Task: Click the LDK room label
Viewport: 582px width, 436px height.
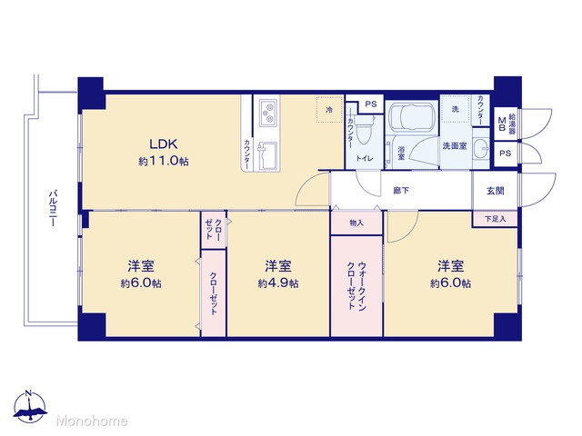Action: (164, 144)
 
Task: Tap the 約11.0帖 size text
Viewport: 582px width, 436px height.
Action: (164, 162)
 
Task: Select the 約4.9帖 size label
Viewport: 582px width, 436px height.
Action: (278, 283)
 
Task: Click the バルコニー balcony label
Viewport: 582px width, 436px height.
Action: (53, 208)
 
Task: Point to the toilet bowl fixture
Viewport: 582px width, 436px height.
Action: (364, 130)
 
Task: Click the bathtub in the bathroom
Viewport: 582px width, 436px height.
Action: (412, 116)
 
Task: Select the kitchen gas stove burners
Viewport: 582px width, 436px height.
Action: (268, 113)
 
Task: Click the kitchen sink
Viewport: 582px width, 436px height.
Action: (267, 155)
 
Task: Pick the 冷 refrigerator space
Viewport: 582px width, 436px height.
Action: (329, 110)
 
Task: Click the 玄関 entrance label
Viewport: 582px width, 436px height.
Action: (495, 191)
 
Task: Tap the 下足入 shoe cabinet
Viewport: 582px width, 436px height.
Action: (495, 219)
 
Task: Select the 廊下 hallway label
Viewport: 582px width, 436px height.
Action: (401, 191)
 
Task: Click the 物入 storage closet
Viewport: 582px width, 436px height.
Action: (356, 223)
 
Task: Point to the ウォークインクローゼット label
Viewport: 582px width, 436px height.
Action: (356, 285)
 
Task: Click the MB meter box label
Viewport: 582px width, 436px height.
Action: (502, 124)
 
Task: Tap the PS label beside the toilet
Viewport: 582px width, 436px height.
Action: (371, 104)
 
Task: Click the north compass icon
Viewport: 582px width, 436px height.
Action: (30, 407)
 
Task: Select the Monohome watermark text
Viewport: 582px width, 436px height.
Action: (92, 421)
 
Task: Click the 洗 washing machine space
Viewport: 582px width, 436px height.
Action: (456, 109)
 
